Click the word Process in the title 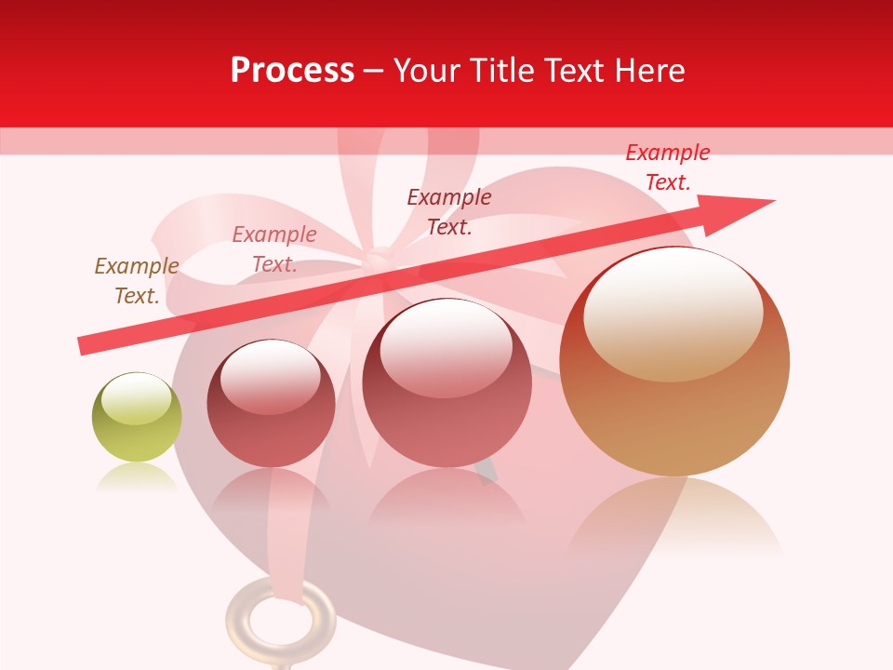click(292, 70)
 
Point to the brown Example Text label click(137, 281)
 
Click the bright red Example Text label click(668, 167)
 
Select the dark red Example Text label click(449, 212)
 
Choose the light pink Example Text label click(274, 249)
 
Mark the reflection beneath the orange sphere click(674, 521)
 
